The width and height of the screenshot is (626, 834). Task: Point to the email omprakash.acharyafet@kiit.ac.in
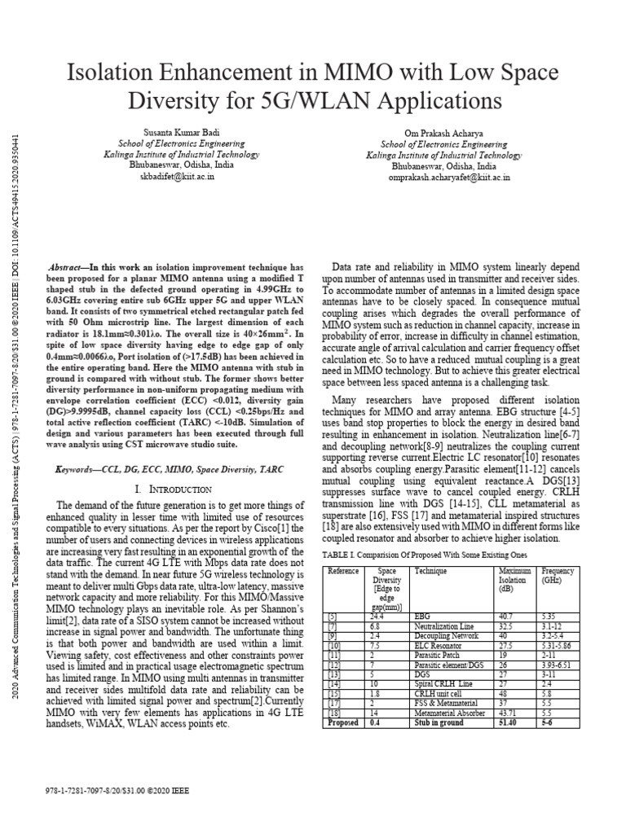pos(449,175)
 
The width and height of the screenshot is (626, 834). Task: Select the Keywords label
pos(81,470)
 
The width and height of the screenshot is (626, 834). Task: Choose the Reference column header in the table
pos(343,571)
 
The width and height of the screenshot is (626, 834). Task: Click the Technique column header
pos(431,571)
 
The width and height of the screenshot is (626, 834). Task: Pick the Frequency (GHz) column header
pos(558,576)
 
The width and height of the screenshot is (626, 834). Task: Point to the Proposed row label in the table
pos(342,722)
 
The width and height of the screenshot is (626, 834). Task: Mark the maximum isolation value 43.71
pos(508,713)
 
